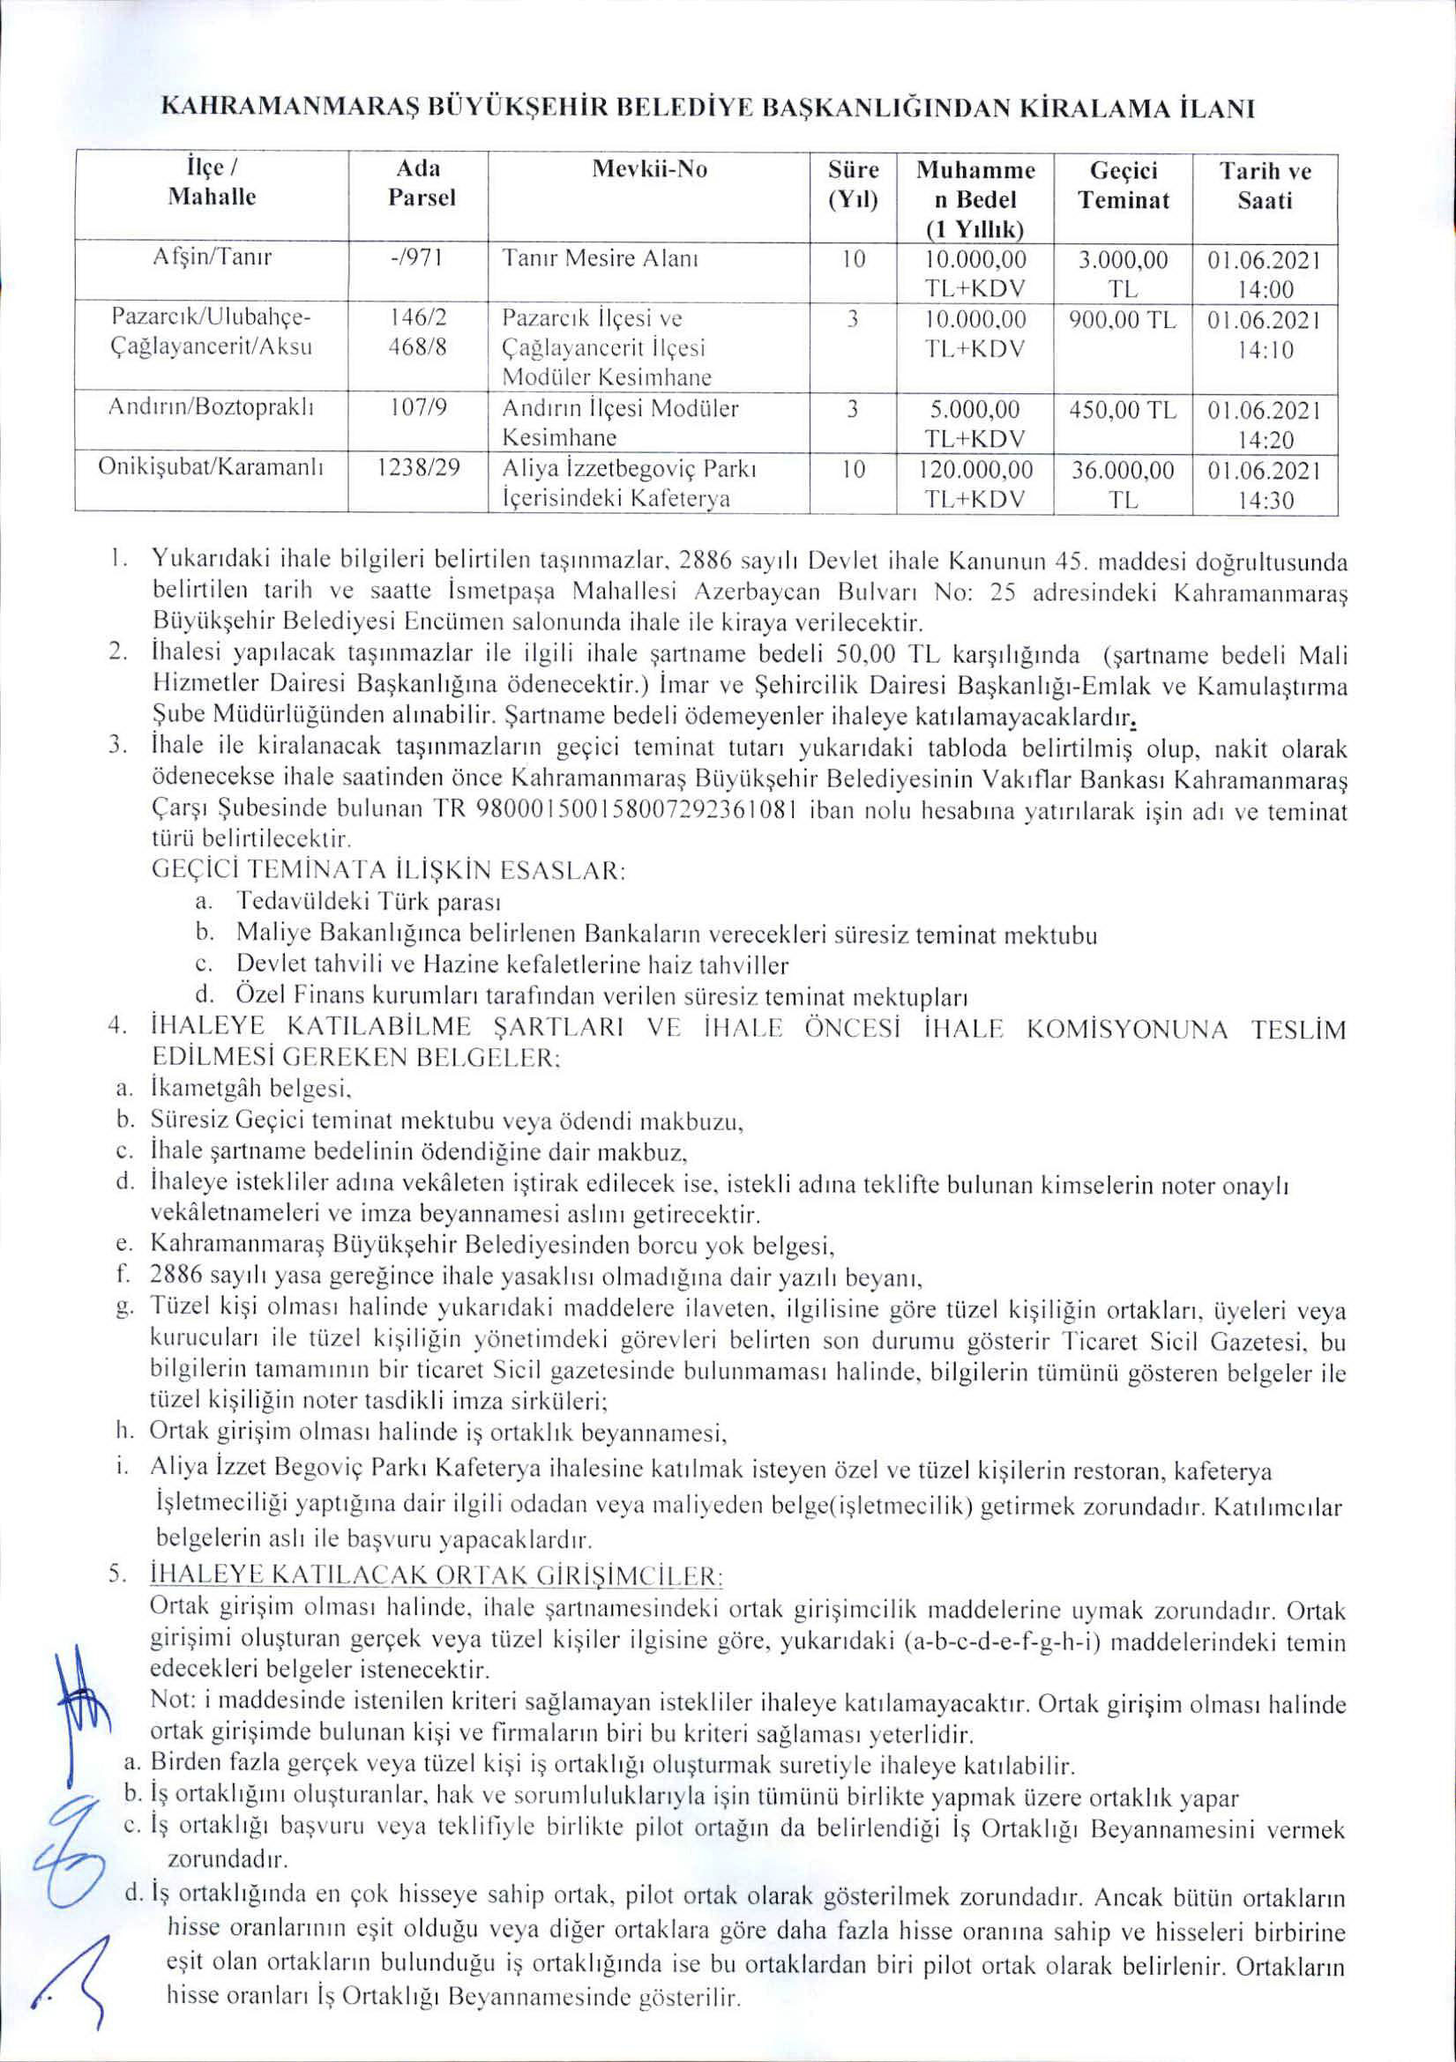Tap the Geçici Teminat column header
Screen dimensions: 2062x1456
coord(1124,185)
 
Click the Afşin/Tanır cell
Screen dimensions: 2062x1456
coord(212,259)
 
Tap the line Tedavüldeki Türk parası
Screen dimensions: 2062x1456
coord(369,901)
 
